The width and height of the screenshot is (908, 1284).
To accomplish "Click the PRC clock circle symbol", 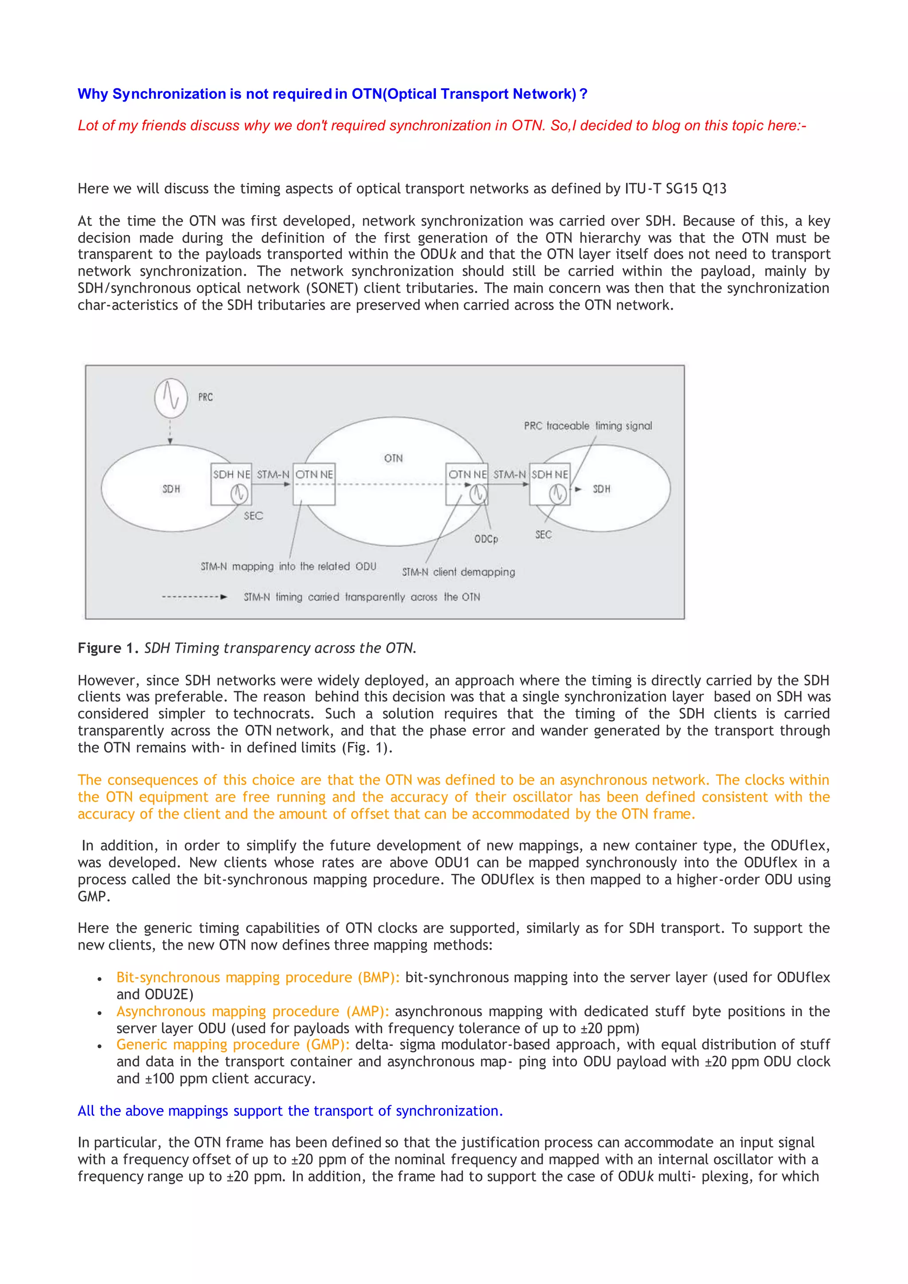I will click(171, 398).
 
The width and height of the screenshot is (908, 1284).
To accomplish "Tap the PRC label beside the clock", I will click(205, 397).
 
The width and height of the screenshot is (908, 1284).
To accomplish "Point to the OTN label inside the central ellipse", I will click(393, 458).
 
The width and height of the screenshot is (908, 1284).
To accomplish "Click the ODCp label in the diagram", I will click(486, 539).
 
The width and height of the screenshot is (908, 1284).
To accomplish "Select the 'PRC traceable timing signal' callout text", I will click(587, 426).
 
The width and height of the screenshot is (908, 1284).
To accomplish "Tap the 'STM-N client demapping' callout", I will click(458, 572).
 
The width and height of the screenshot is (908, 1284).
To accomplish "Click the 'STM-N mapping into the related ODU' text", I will click(288, 566).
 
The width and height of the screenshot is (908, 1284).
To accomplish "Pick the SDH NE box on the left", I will click(231, 484).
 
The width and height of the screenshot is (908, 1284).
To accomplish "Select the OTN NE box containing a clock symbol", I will click(467, 484).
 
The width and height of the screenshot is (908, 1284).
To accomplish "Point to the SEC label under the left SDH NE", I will click(253, 516).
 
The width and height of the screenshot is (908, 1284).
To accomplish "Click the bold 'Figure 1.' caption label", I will click(109, 648).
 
